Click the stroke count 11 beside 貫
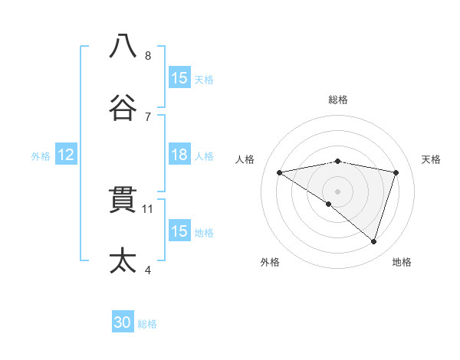[149, 208]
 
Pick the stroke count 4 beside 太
[148, 270]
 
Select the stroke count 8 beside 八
[148, 55]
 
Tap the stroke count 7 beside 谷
[148, 116]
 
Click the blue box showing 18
[179, 155]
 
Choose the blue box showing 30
[123, 323]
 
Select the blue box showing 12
[66, 155]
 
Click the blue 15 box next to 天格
[179, 78]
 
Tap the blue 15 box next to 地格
[179, 231]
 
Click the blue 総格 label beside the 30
[148, 324]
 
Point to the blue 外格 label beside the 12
[41, 155]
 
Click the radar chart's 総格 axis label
[338, 100]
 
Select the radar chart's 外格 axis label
[270, 262]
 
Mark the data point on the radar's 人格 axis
[280, 172]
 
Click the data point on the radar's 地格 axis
[374, 241]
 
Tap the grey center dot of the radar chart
[338, 191]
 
